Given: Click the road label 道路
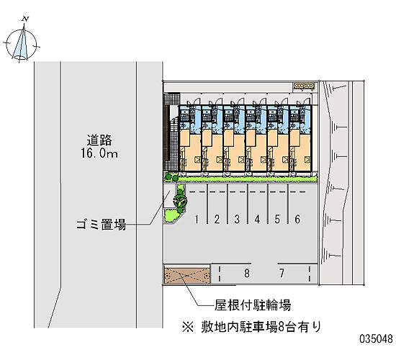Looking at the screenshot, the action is [99, 140].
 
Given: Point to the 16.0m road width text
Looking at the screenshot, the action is [99, 153].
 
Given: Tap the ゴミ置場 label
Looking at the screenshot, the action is [101, 225].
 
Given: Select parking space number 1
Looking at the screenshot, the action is [197, 219].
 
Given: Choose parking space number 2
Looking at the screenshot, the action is [217, 219].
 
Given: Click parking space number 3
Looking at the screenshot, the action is [237, 219].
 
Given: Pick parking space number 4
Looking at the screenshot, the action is [257, 219].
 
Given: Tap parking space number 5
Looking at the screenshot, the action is [277, 219].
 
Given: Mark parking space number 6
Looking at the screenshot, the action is [297, 219].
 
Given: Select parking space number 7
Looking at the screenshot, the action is [282, 273].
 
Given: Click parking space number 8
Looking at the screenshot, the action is [247, 273].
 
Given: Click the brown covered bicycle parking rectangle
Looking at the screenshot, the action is [187, 274].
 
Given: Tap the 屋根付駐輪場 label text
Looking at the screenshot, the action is [253, 305].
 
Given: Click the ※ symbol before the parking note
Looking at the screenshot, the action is [188, 328].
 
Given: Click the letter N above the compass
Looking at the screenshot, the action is [25, 19].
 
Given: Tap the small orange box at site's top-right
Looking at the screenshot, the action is [304, 86].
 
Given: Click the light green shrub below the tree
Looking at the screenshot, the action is [171, 215].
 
